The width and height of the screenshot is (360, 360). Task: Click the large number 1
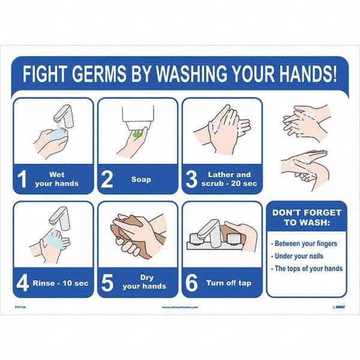point(23,179)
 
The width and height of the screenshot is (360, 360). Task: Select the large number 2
point(107,179)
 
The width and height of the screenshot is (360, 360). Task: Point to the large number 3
point(192,179)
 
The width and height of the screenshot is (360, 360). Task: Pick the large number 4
point(23,283)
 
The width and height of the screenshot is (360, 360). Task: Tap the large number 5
point(107,283)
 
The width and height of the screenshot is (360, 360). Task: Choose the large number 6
point(192,283)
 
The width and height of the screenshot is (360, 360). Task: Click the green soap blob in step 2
point(138,132)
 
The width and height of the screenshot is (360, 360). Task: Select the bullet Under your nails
point(300,256)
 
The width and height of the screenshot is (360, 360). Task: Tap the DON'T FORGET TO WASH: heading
point(307,217)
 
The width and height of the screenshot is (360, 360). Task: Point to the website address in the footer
point(180,307)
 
